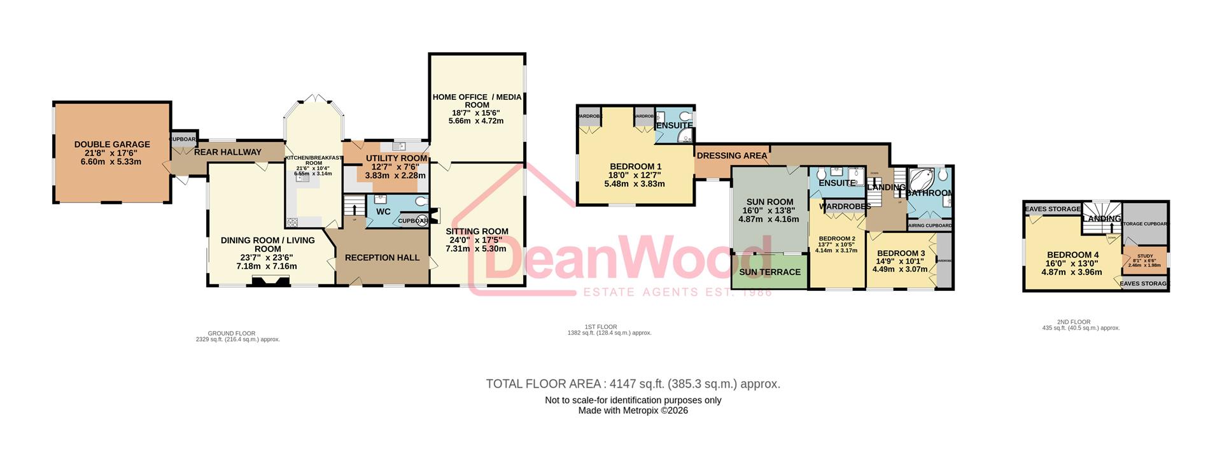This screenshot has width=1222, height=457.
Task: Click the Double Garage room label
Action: click(112, 144)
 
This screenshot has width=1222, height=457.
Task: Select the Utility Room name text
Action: click(396, 158)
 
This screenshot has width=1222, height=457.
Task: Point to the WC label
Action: click(383, 211)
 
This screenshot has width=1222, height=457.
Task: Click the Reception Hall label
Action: click(382, 258)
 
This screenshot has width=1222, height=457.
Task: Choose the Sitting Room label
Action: click(477, 232)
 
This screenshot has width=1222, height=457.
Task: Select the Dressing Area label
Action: click(732, 155)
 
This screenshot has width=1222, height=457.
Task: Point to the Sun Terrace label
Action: click(769, 272)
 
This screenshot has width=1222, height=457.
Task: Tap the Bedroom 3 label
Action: click(900, 253)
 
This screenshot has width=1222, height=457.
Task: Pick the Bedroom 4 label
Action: click(1073, 255)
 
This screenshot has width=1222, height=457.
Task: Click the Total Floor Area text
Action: click(633, 384)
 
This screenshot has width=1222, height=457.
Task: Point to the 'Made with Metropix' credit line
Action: click(633, 411)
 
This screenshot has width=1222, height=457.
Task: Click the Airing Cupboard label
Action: click(929, 225)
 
